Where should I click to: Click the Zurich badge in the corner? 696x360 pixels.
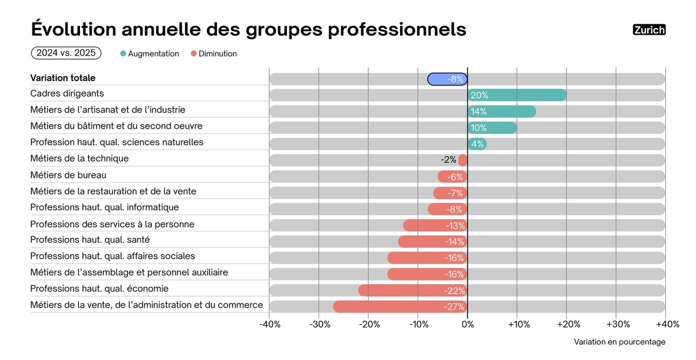[649, 30]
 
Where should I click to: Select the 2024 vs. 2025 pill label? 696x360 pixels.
[66, 53]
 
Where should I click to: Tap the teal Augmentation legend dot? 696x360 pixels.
[123, 54]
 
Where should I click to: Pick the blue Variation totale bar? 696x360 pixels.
[447, 79]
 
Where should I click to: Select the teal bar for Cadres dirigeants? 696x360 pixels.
[517, 95]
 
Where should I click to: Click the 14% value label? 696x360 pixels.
[479, 111]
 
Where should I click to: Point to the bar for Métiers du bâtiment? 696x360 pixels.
[492, 128]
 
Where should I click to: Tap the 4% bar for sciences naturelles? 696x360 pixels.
[477, 144]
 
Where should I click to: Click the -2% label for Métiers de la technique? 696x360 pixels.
[448, 160]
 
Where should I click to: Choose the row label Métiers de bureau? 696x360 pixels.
[68, 175]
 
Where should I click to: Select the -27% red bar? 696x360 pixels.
[400, 307]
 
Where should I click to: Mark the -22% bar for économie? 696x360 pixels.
[413, 290]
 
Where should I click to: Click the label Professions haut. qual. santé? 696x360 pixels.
[90, 240]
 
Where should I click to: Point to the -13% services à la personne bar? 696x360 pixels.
[435, 226]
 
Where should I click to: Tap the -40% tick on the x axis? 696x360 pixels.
[270, 325]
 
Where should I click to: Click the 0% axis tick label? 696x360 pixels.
[467, 325]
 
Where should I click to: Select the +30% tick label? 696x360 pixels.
[618, 325]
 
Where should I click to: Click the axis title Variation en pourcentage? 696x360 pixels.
[619, 342]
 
